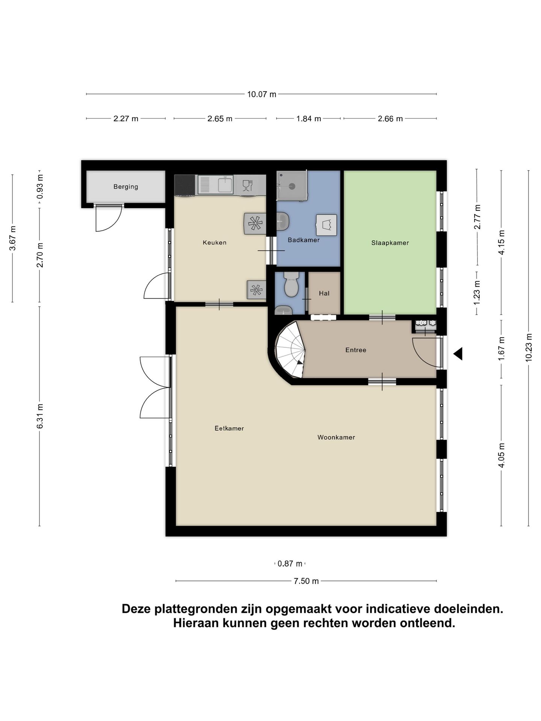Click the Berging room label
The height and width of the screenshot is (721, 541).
click(x=125, y=187)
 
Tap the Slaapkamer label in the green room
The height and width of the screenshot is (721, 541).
click(x=390, y=243)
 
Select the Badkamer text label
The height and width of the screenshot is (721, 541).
click(x=304, y=240)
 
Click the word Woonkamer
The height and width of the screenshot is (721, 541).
click(x=336, y=437)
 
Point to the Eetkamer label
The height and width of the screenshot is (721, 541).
click(x=229, y=428)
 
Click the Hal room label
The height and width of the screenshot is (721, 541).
click(x=324, y=293)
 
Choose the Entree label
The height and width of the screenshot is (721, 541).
click(x=355, y=350)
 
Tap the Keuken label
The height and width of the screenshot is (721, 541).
click(x=215, y=243)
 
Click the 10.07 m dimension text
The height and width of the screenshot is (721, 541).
click(x=261, y=94)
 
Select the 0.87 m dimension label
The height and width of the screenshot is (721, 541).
click(x=290, y=564)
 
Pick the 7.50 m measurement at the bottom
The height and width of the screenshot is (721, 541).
click(x=306, y=581)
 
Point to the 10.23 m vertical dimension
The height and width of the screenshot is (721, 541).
click(x=529, y=347)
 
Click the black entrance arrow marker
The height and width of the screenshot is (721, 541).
click(x=458, y=354)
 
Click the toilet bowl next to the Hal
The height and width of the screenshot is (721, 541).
click(x=292, y=285)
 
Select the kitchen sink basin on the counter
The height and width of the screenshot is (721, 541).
click(x=226, y=184)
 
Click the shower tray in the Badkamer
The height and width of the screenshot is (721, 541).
click(x=292, y=185)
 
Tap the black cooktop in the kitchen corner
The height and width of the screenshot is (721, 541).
click(x=185, y=185)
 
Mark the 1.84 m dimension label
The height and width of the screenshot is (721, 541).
click(x=308, y=119)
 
